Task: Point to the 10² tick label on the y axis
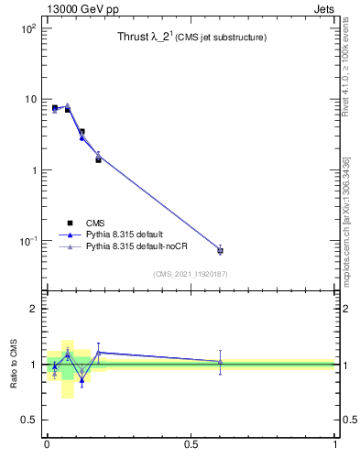pos(27,29)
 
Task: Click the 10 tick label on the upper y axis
pos(30,99)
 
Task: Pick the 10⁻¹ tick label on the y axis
pos(27,241)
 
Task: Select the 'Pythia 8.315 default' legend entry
pos(128,235)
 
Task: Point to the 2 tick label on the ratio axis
pos(33,309)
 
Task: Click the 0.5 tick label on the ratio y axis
pos(29,420)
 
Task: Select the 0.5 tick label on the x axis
pos(191,444)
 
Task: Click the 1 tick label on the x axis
pos(334,444)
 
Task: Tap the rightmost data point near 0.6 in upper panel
pos(220,250)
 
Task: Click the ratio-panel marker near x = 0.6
pos(220,362)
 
